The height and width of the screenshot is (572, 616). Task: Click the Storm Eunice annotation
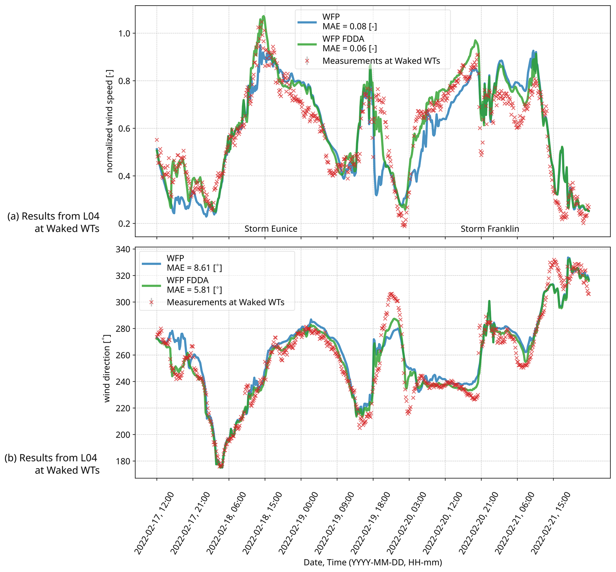point(271,229)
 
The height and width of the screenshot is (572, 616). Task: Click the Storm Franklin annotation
point(490,229)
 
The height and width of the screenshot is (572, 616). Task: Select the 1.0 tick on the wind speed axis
point(124,33)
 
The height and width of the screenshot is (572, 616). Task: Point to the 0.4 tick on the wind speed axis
point(124,176)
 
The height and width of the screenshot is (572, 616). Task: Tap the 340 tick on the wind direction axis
point(123,249)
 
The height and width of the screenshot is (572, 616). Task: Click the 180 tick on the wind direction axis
point(123,461)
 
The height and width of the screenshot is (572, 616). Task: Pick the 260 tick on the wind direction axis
point(123,355)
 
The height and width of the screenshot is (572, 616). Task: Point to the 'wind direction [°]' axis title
point(107,368)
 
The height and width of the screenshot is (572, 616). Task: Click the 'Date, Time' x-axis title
point(373,562)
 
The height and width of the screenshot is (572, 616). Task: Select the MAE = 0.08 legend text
point(350,27)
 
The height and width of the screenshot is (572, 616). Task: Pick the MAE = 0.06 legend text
point(350,49)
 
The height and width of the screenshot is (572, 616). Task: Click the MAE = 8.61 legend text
point(194,268)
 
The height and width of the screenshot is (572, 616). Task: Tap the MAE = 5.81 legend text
point(194,290)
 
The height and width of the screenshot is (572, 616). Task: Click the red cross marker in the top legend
point(307,61)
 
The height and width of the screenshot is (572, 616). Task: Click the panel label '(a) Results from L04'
point(53,216)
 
